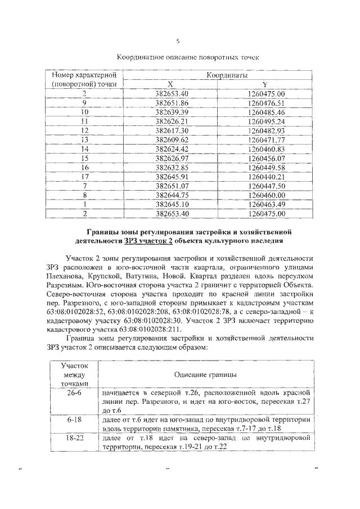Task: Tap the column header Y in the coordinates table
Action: pos(265,84)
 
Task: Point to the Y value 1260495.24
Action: pos(266,121)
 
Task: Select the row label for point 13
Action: pos(85,139)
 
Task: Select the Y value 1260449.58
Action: pos(266,167)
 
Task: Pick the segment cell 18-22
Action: pos(74,437)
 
